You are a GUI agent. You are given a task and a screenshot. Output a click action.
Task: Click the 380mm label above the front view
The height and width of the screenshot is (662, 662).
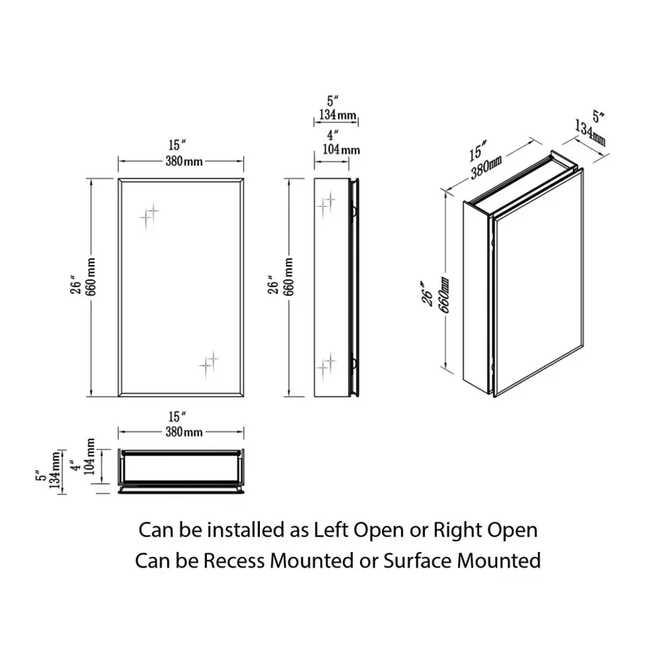point(184,161)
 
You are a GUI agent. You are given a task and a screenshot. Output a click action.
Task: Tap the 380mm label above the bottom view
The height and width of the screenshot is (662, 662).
point(184,432)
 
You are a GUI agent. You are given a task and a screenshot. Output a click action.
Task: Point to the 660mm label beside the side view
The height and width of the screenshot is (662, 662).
point(289,277)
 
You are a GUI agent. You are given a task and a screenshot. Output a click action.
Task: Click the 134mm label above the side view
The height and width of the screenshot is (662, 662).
point(337,114)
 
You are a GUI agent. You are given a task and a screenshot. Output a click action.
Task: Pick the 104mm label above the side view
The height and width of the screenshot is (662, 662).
point(341,149)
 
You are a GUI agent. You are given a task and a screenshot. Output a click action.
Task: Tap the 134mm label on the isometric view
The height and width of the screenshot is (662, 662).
point(590,133)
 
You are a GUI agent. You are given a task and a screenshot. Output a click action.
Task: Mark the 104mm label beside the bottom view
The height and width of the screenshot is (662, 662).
point(89,456)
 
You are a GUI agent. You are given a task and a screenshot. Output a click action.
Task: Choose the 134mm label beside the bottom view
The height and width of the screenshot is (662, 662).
point(54,470)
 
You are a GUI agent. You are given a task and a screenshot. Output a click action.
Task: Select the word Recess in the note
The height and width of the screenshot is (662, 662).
point(234,561)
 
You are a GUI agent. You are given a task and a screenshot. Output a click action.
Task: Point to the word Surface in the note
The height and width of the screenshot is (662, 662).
point(418,561)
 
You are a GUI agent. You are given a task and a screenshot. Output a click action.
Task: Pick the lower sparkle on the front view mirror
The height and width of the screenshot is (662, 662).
point(209,364)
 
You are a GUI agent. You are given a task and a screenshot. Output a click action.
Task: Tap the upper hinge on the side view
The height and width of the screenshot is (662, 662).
point(354,211)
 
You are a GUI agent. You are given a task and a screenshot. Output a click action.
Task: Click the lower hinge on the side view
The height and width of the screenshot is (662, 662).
point(354,363)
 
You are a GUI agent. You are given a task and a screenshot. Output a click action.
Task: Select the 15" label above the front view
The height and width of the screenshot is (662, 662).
point(177,145)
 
